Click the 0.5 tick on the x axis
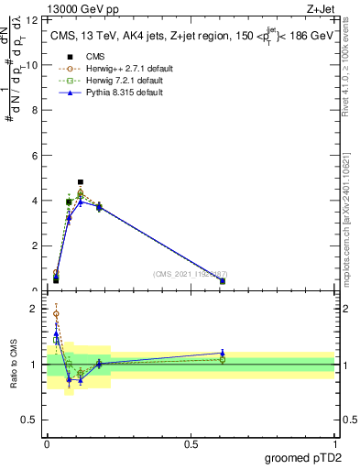(x=191, y=444)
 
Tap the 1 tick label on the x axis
(x=334, y=444)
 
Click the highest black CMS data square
(x=81, y=182)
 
